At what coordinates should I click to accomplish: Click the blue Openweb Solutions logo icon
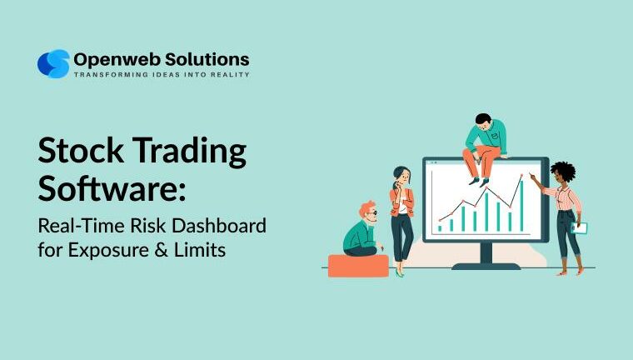pyautogui.click(x=53, y=64)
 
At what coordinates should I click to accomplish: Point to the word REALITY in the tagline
pyautogui.click(x=228, y=75)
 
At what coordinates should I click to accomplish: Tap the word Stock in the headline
pyautogui.click(x=80, y=152)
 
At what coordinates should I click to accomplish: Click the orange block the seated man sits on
pyautogui.click(x=358, y=265)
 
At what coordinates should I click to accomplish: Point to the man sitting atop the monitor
pyautogui.click(x=484, y=142)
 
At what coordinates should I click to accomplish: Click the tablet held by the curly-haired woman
pyautogui.click(x=581, y=227)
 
